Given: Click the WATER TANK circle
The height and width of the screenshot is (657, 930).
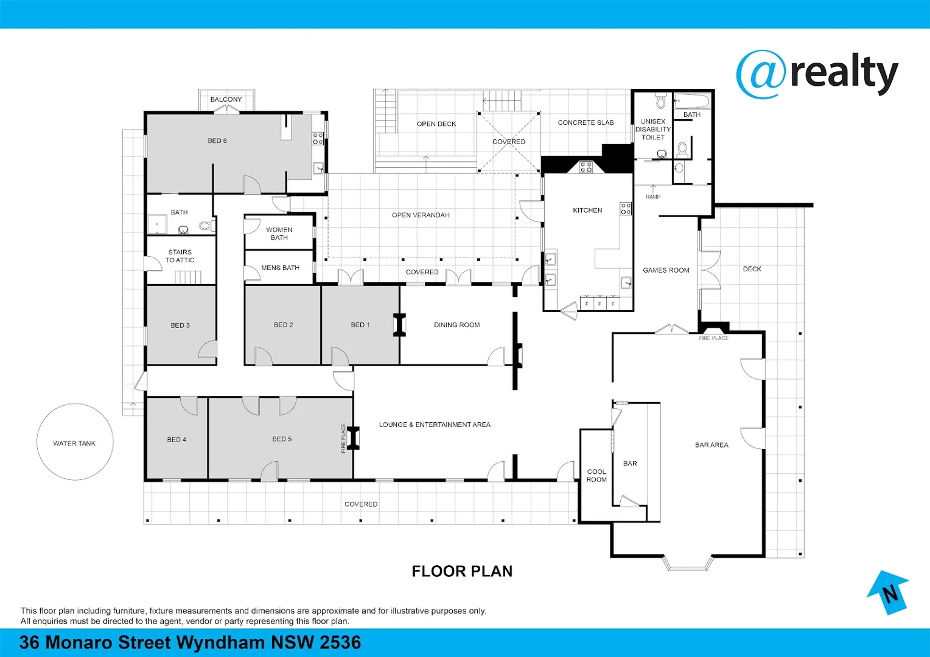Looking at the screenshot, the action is [75, 404].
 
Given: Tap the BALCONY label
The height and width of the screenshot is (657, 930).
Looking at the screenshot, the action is [226, 99].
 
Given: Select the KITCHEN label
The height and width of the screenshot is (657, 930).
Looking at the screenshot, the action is [587, 210].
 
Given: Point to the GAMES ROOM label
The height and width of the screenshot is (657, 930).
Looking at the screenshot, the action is [666, 270].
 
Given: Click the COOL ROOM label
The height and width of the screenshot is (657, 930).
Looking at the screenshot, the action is [596, 476].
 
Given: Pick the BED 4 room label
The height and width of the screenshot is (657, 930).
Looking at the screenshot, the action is [177, 440].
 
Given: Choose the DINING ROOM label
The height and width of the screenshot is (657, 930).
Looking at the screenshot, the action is [456, 325].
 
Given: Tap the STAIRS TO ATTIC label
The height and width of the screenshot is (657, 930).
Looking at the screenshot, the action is [180, 256].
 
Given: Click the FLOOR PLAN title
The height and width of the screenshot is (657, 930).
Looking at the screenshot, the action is [462, 571].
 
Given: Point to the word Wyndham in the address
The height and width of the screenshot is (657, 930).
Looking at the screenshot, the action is [221, 642].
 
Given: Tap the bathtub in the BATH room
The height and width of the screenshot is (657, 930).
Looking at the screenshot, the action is [692, 101].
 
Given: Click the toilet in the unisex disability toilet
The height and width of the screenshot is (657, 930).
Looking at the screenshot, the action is [660, 100].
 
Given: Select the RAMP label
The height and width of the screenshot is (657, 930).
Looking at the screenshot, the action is [653, 196].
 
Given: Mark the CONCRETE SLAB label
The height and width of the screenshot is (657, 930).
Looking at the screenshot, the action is [586, 123].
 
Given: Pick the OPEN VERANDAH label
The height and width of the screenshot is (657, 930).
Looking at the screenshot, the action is [421, 215].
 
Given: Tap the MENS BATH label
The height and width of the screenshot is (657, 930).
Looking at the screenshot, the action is [280, 268].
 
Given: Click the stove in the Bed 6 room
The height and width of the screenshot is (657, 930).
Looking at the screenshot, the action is [318, 139].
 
